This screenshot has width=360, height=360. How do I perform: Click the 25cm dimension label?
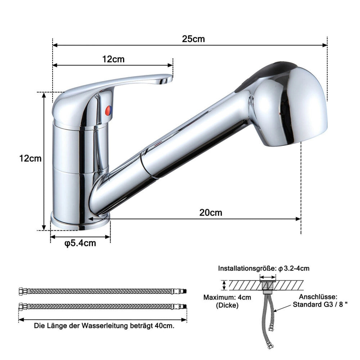(193, 39)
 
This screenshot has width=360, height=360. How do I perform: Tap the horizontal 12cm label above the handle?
(113, 59)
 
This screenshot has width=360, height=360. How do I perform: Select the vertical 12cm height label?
(30, 158)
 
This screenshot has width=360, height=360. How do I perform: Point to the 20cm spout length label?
(211, 213)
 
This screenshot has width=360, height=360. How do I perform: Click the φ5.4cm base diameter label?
(80, 243)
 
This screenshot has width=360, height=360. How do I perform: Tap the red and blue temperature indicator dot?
(108, 111)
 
